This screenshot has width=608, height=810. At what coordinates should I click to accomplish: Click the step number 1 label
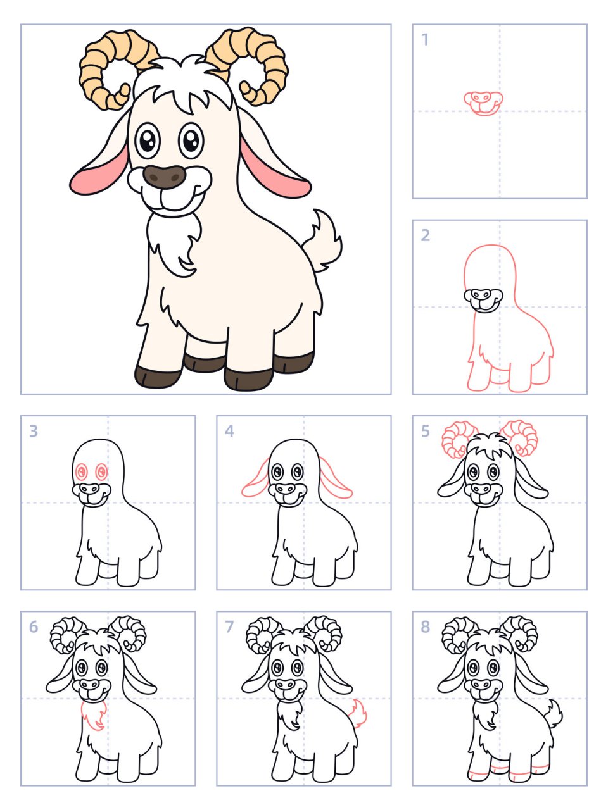click(425, 40)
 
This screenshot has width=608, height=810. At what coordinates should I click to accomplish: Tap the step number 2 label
click(426, 235)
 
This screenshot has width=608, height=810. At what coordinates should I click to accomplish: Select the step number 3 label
click(34, 431)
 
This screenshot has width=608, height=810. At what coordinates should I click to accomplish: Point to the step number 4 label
click(229, 431)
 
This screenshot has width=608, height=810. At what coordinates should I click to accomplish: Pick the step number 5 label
click(426, 431)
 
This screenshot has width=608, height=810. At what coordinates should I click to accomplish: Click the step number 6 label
click(34, 626)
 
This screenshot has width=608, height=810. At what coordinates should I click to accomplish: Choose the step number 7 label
click(229, 626)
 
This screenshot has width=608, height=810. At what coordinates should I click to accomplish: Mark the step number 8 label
click(426, 626)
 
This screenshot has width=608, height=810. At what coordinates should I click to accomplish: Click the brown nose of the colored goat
click(164, 177)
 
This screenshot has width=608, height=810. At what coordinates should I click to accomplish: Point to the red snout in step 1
click(483, 103)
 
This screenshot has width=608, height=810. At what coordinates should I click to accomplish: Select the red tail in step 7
click(359, 713)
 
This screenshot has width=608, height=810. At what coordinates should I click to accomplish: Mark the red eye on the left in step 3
click(82, 471)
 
